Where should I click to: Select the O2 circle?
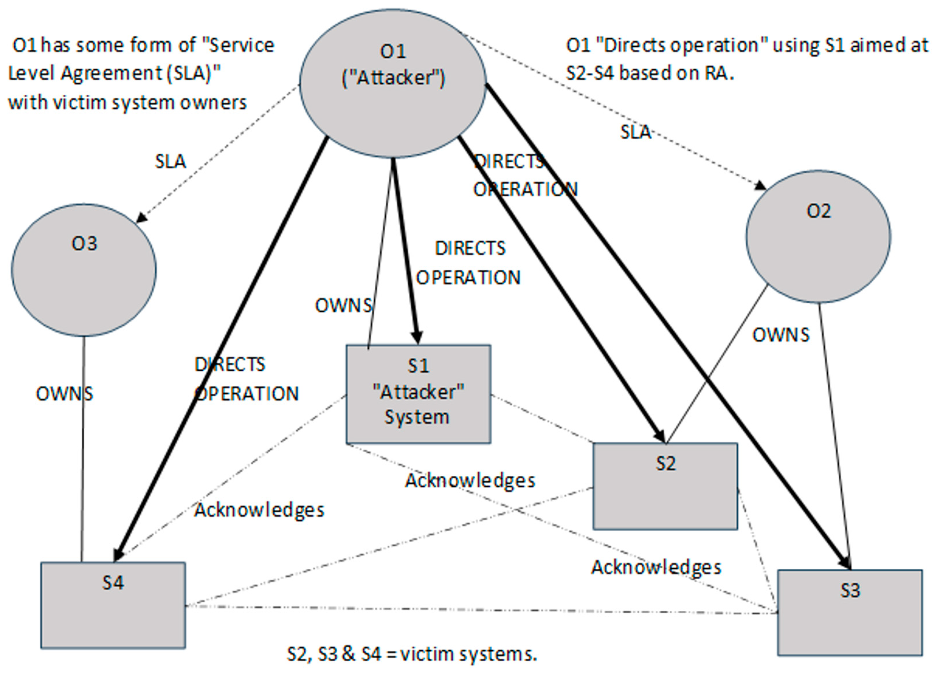click(x=818, y=236)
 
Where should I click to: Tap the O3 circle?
click(x=84, y=270)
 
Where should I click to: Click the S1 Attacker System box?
click(x=418, y=394)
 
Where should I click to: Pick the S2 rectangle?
click(x=665, y=486)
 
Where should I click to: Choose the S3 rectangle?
click(x=850, y=612)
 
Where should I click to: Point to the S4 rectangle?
click(x=113, y=605)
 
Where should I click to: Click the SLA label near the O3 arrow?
click(x=170, y=161)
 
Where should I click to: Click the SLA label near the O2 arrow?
click(x=636, y=132)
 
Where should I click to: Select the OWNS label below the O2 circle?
click(x=780, y=335)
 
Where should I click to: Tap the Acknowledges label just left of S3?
click(x=656, y=567)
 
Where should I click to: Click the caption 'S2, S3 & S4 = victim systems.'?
click(x=412, y=654)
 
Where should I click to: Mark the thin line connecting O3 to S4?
click(x=83, y=450)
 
